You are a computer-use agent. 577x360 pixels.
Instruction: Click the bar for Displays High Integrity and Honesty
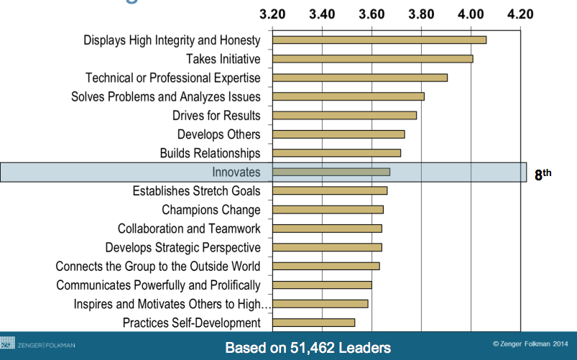coord(379,40)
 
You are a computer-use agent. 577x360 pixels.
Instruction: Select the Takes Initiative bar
coord(373,58)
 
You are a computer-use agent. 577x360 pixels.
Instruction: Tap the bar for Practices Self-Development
coord(314,322)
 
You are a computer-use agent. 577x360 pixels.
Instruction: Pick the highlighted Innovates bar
coord(331,172)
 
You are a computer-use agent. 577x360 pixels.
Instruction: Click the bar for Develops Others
coord(338,134)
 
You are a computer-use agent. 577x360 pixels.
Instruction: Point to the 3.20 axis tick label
coord(273,14)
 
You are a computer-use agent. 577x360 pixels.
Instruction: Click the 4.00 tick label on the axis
coord(471,14)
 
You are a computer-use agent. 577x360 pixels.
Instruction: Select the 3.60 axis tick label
coord(371,14)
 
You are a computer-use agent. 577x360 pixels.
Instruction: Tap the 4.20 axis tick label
coord(520,14)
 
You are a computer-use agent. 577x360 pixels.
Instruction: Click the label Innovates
coord(236,172)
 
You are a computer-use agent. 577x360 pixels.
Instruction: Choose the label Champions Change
coord(211,210)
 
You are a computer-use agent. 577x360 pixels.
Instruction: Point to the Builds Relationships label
coord(210,153)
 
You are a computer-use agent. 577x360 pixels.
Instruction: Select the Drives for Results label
coord(216,115)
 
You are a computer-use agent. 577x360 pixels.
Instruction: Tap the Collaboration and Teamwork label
coord(189,229)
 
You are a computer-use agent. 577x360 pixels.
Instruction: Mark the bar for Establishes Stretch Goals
coord(330,190)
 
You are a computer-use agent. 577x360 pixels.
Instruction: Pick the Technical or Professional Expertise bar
coord(360,78)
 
